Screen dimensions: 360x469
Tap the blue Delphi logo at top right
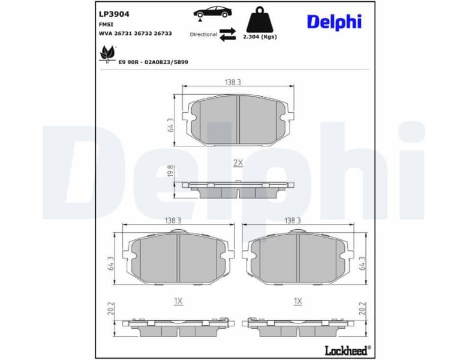pyautogui.click(x=334, y=22)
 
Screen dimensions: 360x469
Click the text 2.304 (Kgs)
pyautogui.click(x=260, y=37)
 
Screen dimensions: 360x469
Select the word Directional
pyautogui.click(x=203, y=34)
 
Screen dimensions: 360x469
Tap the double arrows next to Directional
pyautogui.click(x=227, y=34)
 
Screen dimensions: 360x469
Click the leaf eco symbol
pyautogui.click(x=108, y=55)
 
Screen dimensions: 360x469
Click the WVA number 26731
pyautogui.click(x=126, y=34)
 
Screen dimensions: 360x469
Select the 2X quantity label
pyautogui.click(x=237, y=163)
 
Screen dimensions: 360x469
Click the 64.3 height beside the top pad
pyautogui.click(x=170, y=125)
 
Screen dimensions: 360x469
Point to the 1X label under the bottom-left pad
pyautogui.click(x=178, y=301)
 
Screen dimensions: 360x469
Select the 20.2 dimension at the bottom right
pyautogui.click(x=362, y=308)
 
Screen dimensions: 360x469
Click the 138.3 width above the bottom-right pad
pyautogui.click(x=292, y=220)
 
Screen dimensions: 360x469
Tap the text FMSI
pyautogui.click(x=107, y=24)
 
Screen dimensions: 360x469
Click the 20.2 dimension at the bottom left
pyautogui.click(x=111, y=308)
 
